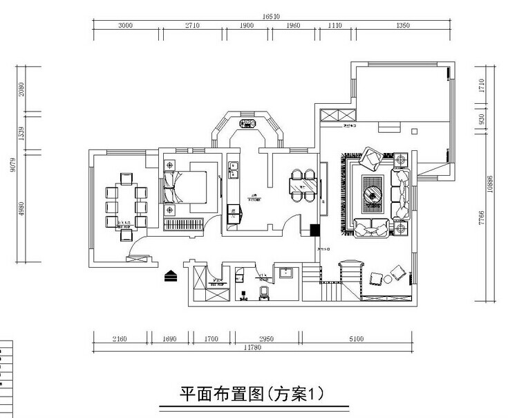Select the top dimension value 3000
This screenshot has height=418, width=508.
(x=124, y=26)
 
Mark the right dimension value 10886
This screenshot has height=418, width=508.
(x=489, y=184)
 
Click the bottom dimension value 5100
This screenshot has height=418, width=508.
(x=357, y=339)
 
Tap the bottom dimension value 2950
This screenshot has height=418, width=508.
(x=266, y=339)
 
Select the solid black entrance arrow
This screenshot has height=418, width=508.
(x=170, y=277)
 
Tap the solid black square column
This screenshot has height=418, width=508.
(x=314, y=231)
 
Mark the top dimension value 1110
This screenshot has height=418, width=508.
(x=335, y=26)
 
